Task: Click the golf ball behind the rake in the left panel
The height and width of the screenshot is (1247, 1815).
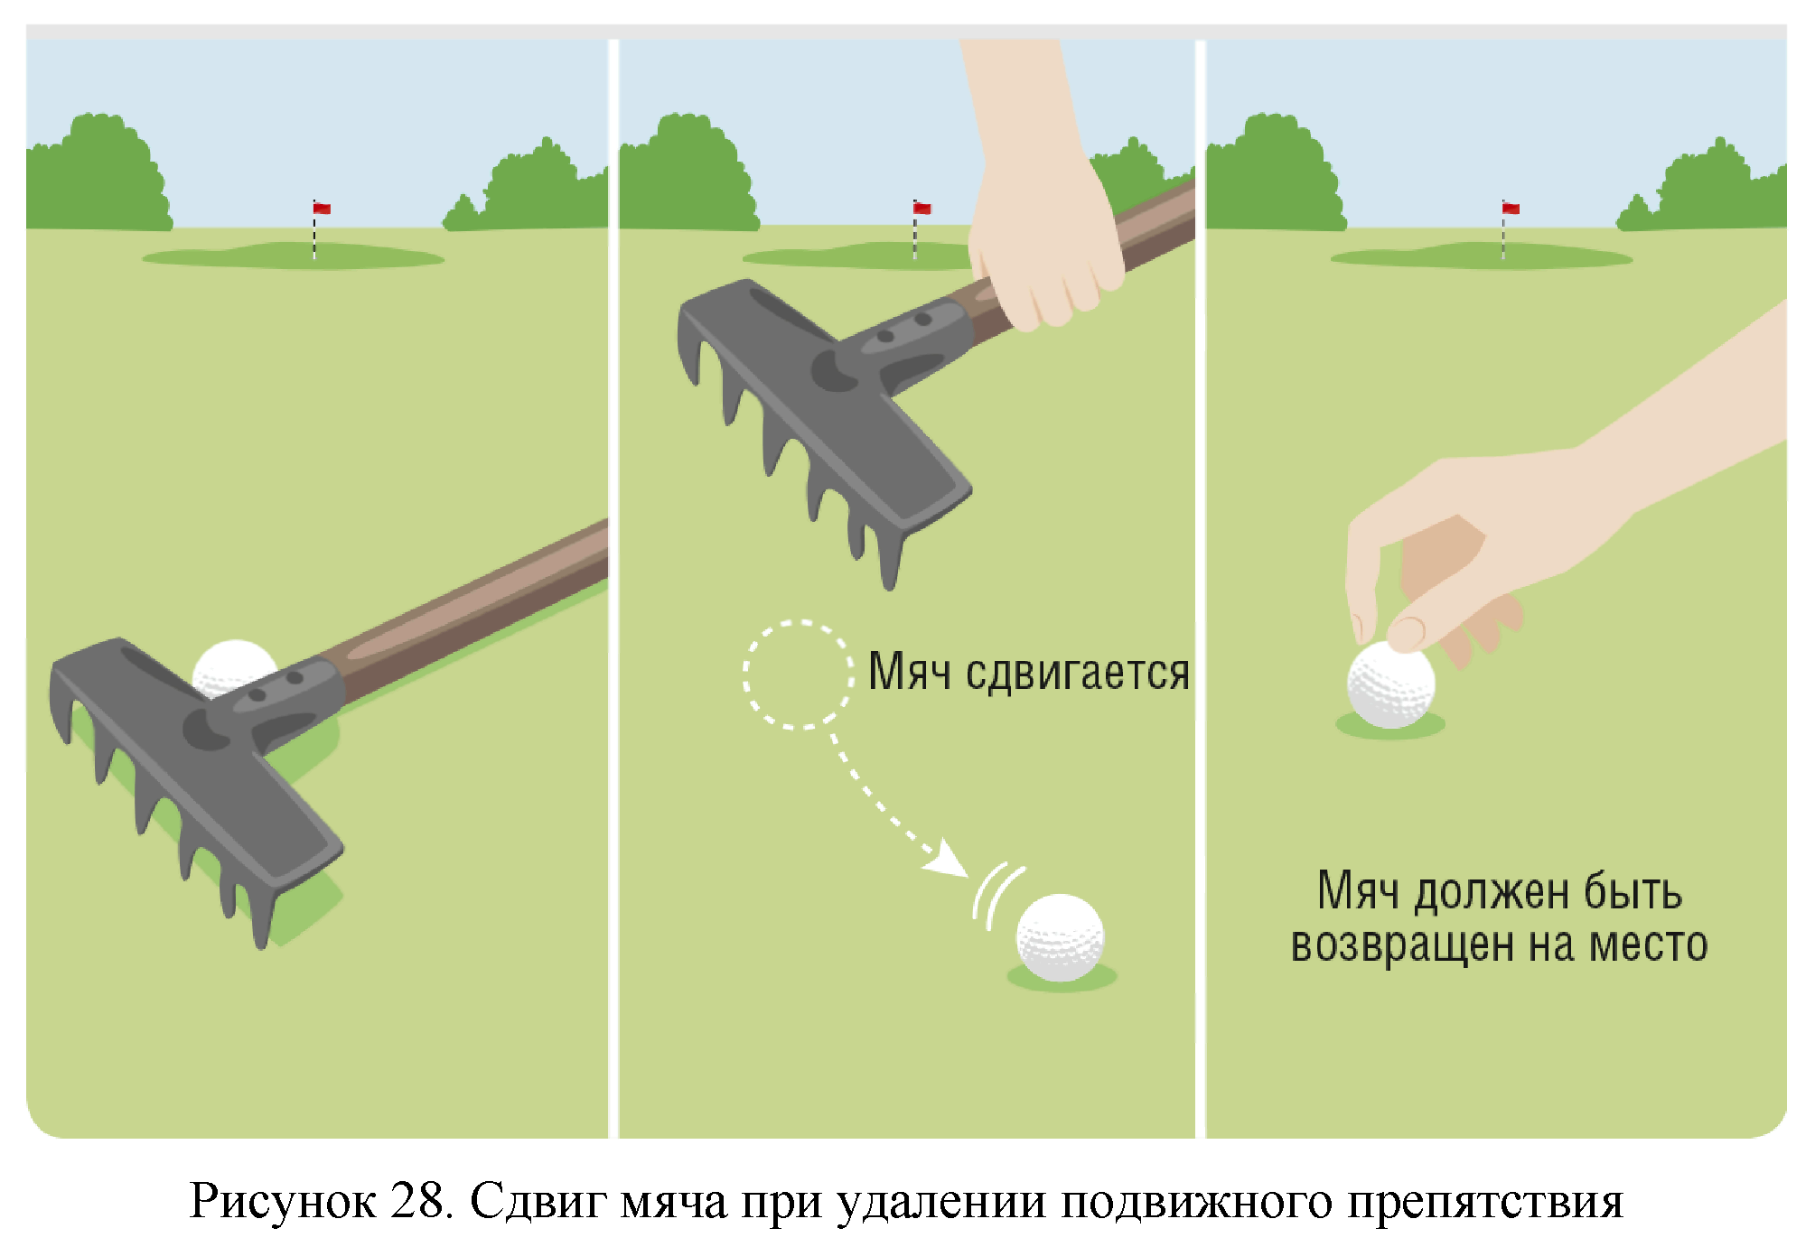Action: [232, 666]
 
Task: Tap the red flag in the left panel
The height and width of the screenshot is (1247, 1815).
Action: [322, 209]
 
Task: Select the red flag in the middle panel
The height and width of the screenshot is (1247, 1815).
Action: [922, 209]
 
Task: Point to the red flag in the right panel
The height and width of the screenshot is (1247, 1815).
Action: [1511, 209]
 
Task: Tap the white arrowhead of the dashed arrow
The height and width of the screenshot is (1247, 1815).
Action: [949, 858]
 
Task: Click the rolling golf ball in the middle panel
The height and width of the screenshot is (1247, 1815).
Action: [1061, 937]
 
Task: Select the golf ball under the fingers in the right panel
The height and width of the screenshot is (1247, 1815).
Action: [1390, 684]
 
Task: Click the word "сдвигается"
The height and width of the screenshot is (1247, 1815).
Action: [1078, 673]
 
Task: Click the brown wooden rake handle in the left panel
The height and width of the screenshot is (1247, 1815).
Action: [470, 614]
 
